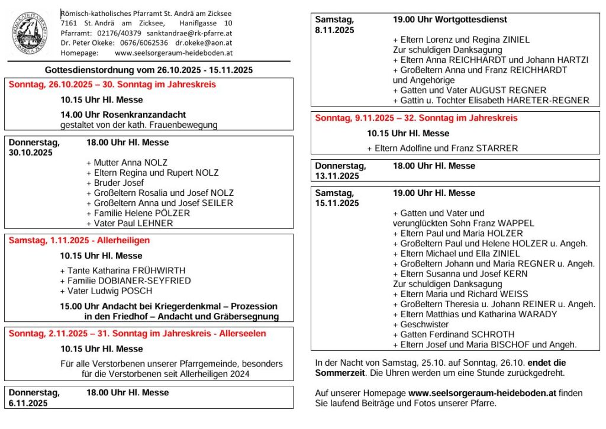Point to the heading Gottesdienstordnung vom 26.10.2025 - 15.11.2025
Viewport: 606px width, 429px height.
(x=149, y=70)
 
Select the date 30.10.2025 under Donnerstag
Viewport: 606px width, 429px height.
(x=31, y=152)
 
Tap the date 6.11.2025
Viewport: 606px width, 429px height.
(x=28, y=403)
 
